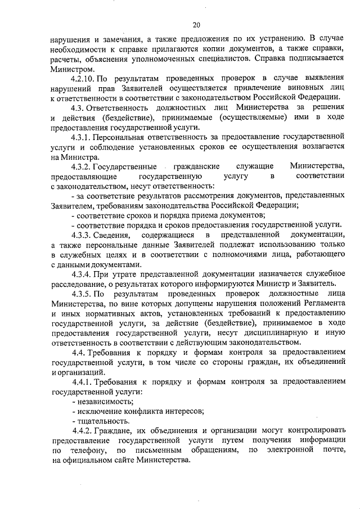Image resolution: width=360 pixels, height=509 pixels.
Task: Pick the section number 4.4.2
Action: coord(83,430)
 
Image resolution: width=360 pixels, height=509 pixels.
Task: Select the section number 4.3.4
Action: coord(83,274)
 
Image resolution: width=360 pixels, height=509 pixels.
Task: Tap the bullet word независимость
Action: coord(98,401)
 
